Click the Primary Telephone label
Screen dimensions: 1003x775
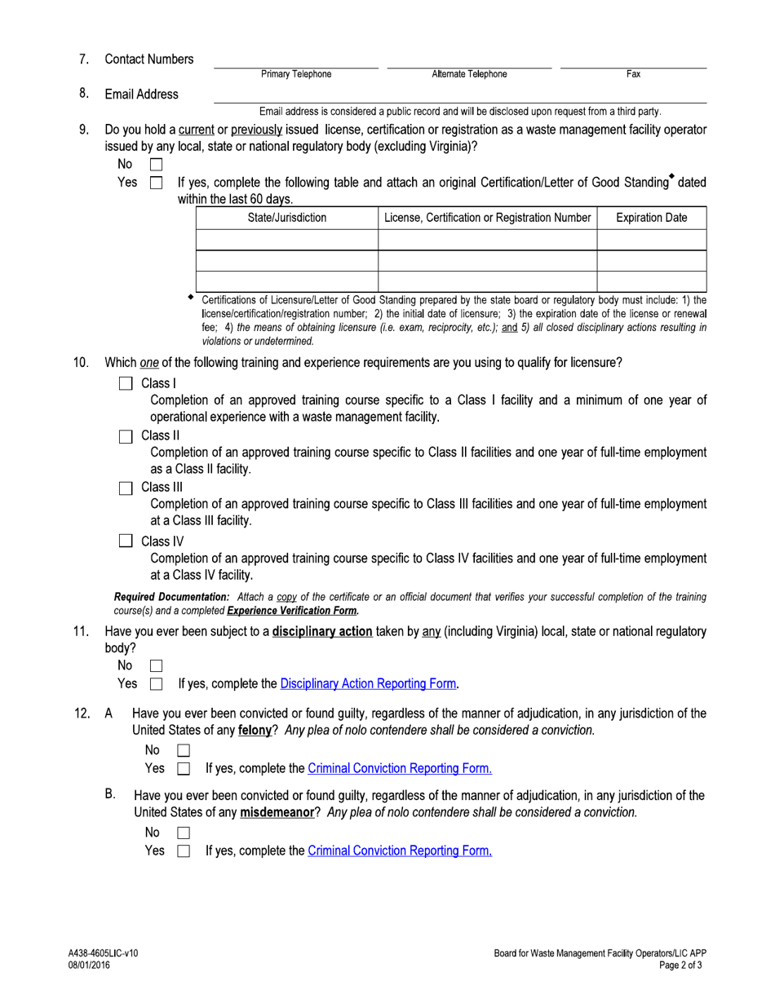[x=296, y=74]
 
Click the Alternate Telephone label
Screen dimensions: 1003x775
[x=469, y=74]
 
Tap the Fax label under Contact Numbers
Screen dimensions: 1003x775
[x=633, y=74]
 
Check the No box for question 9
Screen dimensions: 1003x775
[x=157, y=165]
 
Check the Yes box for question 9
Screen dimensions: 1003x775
[x=157, y=183]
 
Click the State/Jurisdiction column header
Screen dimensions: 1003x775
[x=286, y=218]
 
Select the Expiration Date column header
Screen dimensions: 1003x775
[x=651, y=218]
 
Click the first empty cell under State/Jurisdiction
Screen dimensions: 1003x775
[x=286, y=240]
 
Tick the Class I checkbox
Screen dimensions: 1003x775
[x=126, y=384]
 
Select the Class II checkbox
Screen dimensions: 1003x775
[x=126, y=436]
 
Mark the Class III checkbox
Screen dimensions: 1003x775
[x=126, y=488]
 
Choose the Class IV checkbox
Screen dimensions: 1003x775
[x=126, y=541]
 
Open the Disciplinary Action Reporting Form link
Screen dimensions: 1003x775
[x=369, y=683]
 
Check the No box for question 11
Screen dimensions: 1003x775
[x=157, y=666]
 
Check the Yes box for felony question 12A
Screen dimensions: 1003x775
[x=184, y=769]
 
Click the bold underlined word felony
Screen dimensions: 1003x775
[x=255, y=731]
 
